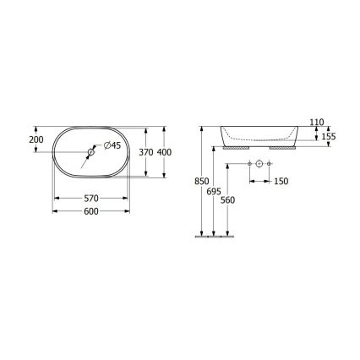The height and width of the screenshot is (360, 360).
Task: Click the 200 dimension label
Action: coord(36,139)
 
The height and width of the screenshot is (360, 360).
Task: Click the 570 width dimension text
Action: coord(91,198)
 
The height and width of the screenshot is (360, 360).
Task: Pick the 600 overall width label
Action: coord(91,211)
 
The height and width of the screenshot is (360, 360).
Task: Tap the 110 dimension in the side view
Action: coord(318,123)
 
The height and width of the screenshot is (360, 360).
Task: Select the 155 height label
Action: coord(328,136)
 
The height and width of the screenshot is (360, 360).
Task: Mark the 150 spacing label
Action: coord(280,181)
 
